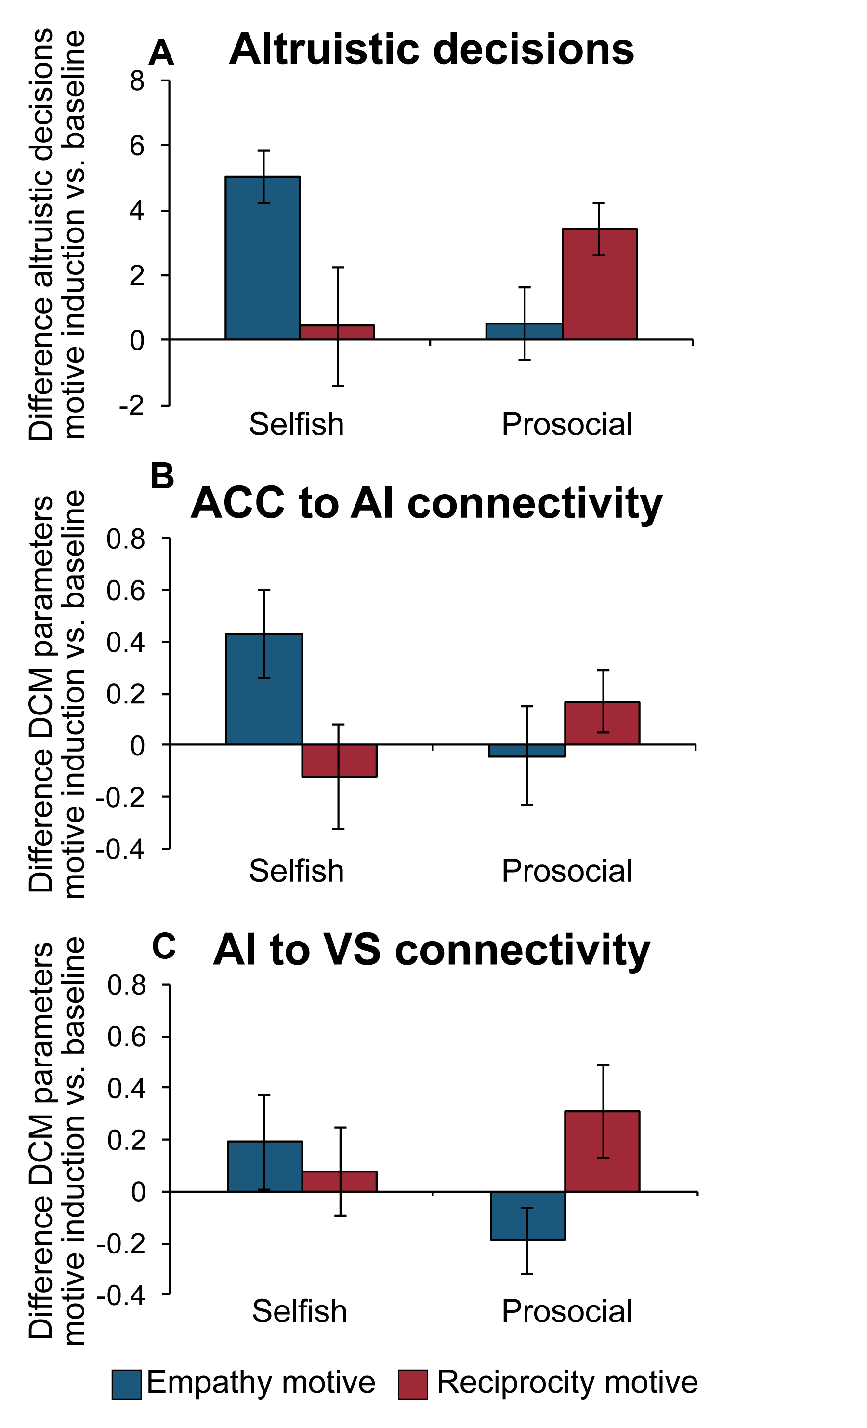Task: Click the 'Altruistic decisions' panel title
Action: (x=432, y=49)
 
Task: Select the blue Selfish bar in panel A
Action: (x=263, y=258)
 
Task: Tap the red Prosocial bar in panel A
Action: (x=599, y=284)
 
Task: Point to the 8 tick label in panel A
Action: (x=137, y=81)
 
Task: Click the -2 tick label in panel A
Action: (x=131, y=405)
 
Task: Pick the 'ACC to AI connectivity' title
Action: (x=426, y=502)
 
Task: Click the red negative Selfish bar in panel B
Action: (x=340, y=760)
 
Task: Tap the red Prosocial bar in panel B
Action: (x=603, y=723)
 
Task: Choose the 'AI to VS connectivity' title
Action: (x=432, y=950)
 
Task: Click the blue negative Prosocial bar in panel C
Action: (x=527, y=1215)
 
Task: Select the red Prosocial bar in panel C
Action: (x=603, y=1151)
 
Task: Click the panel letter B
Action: (x=162, y=476)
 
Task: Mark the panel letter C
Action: (x=164, y=946)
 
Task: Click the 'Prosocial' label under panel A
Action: (x=566, y=424)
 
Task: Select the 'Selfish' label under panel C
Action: (x=300, y=1311)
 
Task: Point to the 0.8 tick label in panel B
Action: (x=126, y=539)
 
